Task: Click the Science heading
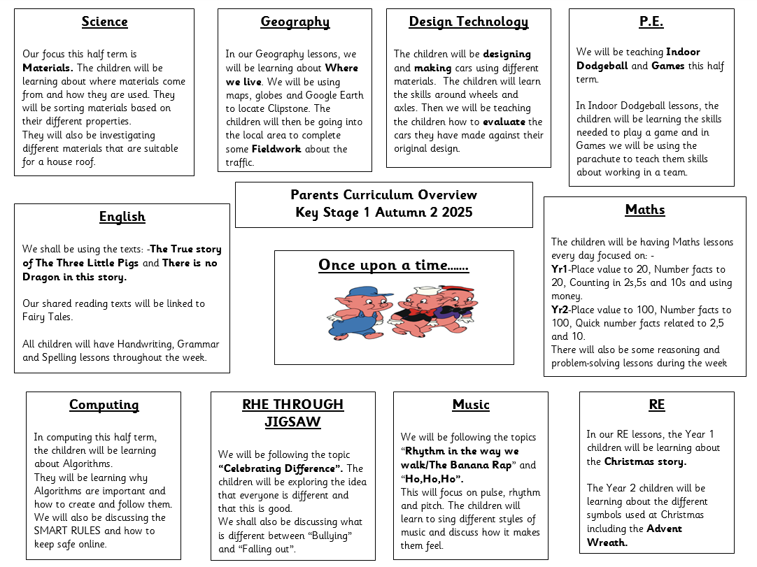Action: pyautogui.click(x=104, y=22)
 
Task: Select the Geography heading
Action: pyautogui.click(x=295, y=22)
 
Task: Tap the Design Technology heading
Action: pyautogui.click(x=468, y=22)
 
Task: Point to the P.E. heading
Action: pyautogui.click(x=651, y=22)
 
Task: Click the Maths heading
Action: pyautogui.click(x=644, y=210)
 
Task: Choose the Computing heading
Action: pyautogui.click(x=104, y=405)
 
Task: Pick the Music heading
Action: pyautogui.click(x=470, y=405)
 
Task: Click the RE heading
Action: pyautogui.click(x=656, y=405)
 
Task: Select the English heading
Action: pyautogui.click(x=122, y=217)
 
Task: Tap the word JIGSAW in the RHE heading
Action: pyautogui.click(x=292, y=422)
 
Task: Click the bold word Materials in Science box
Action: pyautogui.click(x=48, y=68)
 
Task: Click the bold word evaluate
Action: pyautogui.click(x=503, y=122)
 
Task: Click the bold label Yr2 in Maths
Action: pyautogui.click(x=559, y=310)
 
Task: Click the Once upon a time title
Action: pyautogui.click(x=393, y=265)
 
